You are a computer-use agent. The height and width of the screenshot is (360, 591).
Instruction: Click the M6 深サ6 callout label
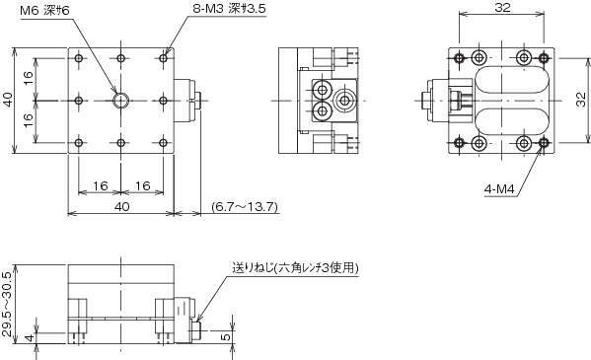(x=44, y=10)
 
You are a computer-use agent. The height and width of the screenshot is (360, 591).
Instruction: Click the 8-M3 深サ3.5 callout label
(x=230, y=9)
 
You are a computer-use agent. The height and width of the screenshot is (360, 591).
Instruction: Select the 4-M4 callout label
(x=499, y=189)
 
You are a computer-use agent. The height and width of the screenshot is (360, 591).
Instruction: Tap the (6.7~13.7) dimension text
(x=245, y=206)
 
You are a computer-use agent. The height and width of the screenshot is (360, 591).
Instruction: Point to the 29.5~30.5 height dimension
(x=7, y=304)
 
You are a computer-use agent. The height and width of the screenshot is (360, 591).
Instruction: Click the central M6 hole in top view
(x=121, y=101)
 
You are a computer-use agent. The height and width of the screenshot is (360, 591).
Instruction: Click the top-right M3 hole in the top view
(x=163, y=58)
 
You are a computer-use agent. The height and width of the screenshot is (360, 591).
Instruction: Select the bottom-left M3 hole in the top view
(x=79, y=143)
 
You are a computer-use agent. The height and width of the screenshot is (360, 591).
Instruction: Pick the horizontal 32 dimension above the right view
(x=501, y=8)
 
